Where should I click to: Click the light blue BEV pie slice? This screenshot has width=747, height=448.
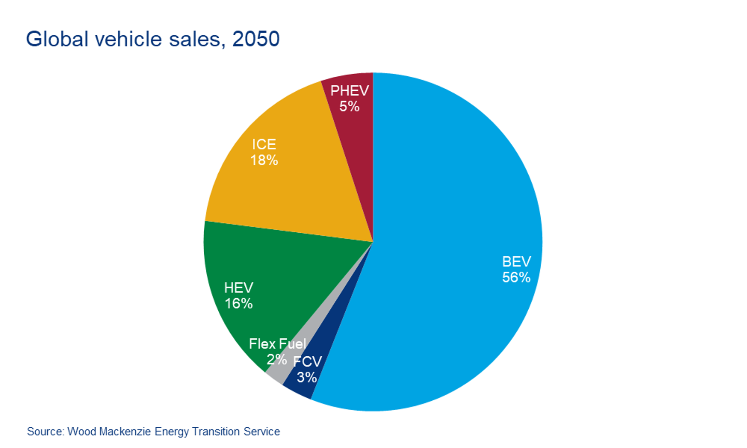pyautogui.click(x=448, y=207)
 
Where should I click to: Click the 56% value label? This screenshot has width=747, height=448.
pyautogui.click(x=516, y=278)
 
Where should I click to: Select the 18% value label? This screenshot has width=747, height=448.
pyautogui.click(x=264, y=160)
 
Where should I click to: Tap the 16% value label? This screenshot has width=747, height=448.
pyautogui.click(x=239, y=304)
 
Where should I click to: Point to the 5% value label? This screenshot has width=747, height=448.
pyautogui.click(x=349, y=107)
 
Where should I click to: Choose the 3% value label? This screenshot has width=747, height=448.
pyautogui.click(x=307, y=377)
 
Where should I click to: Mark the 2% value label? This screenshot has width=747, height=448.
pyautogui.click(x=276, y=359)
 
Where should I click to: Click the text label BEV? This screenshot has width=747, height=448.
pyautogui.click(x=516, y=262)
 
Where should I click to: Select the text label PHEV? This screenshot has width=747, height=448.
pyautogui.click(x=349, y=91)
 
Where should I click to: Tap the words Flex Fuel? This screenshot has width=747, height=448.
pyautogui.click(x=277, y=344)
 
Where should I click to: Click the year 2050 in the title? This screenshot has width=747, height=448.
pyautogui.click(x=256, y=39)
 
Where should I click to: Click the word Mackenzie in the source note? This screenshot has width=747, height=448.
pyautogui.click(x=124, y=432)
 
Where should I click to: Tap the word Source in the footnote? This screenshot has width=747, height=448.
pyautogui.click(x=45, y=432)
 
